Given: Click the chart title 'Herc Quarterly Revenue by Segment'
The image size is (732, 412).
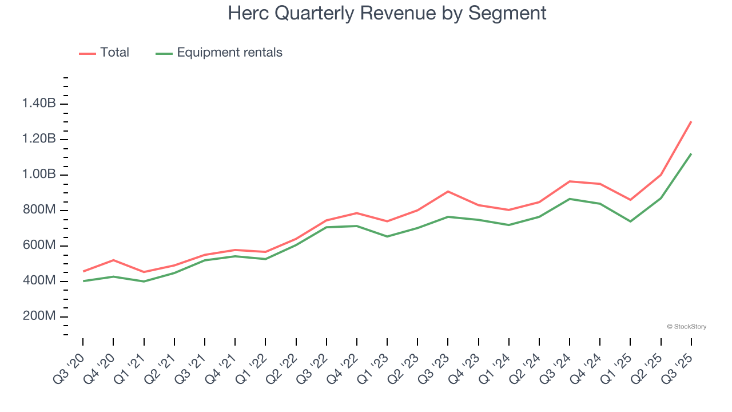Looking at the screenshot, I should pos(387,13).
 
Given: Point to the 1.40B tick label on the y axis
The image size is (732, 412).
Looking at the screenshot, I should pos(39,104).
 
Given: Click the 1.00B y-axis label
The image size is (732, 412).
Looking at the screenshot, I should pos(39,175).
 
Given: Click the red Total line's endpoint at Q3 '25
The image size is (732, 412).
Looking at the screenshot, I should pos(691,121).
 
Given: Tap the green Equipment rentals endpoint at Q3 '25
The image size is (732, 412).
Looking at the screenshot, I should pos(691,153).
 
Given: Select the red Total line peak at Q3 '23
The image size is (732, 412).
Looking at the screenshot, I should pos(448,191).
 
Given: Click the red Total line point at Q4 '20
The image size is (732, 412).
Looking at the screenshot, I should pos(113,260).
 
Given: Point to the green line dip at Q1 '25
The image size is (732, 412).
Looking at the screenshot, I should pos(631,221).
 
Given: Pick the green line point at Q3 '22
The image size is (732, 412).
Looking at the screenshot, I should pos(327,227).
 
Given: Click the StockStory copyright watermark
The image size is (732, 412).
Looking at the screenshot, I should pos(686,327).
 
